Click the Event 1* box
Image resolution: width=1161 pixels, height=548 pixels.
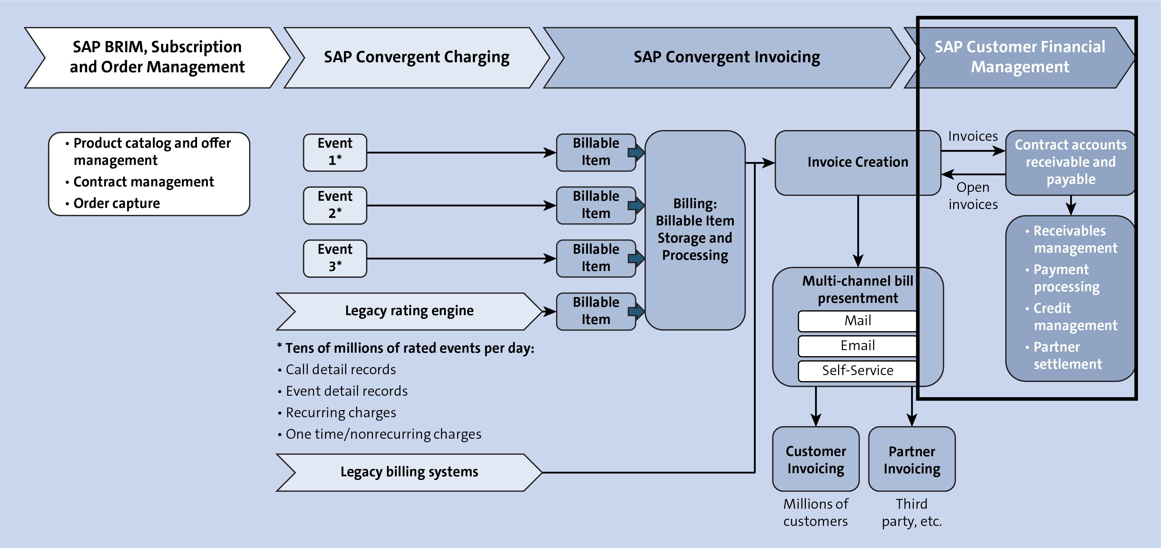[335, 152]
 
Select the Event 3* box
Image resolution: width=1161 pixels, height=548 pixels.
[335, 258]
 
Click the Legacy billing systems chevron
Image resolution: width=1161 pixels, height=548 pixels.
[409, 472]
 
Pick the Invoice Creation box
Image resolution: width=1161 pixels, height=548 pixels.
[857, 162]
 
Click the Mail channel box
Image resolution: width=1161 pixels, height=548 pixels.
[857, 321]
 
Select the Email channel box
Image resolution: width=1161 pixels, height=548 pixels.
[857, 345]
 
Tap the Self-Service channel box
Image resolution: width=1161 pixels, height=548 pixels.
[857, 370]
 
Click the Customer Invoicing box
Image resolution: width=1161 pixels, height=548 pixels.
[815, 459]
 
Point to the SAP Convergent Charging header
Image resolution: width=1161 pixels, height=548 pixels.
[417, 57]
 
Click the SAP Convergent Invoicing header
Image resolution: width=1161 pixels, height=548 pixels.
[727, 57]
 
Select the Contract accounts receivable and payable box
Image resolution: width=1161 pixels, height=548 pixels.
[1070, 162]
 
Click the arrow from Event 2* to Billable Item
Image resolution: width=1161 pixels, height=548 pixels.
[460, 205]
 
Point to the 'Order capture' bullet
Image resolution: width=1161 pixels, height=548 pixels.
[116, 204]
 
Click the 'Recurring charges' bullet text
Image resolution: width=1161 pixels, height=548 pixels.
[341, 412]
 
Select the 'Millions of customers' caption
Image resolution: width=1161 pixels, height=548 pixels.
[815, 512]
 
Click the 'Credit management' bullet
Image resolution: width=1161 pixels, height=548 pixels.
[1075, 317]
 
